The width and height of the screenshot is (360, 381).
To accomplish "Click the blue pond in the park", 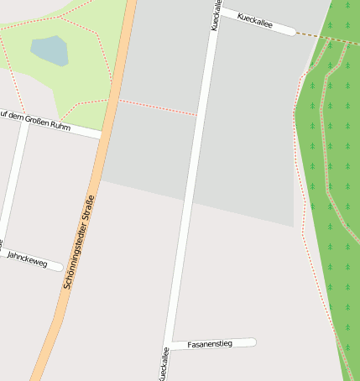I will (x=50, y=50).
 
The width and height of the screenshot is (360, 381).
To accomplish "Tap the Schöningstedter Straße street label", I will (x=78, y=242).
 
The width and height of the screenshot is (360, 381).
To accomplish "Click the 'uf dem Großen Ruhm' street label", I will (x=35, y=120).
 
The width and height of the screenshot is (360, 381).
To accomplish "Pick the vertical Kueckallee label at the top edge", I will (x=216, y=15).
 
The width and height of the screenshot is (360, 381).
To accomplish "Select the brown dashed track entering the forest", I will (x=323, y=37).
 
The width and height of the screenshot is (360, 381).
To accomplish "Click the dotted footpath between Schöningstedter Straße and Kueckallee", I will (x=159, y=108).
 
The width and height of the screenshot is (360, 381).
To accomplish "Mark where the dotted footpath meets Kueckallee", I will (x=198, y=115).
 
